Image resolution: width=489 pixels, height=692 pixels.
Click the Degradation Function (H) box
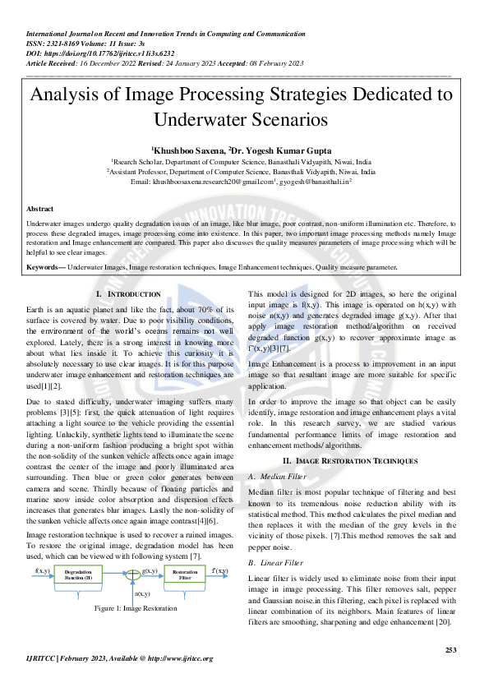point(78,574)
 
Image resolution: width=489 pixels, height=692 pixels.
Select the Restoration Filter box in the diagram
point(185,574)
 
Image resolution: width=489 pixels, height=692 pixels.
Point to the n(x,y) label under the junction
point(141,593)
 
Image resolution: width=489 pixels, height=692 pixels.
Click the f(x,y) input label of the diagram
point(42,570)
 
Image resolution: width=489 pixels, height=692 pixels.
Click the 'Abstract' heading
point(40,210)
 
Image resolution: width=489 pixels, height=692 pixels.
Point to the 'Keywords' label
point(44,267)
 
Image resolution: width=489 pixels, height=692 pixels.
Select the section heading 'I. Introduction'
point(128,293)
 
